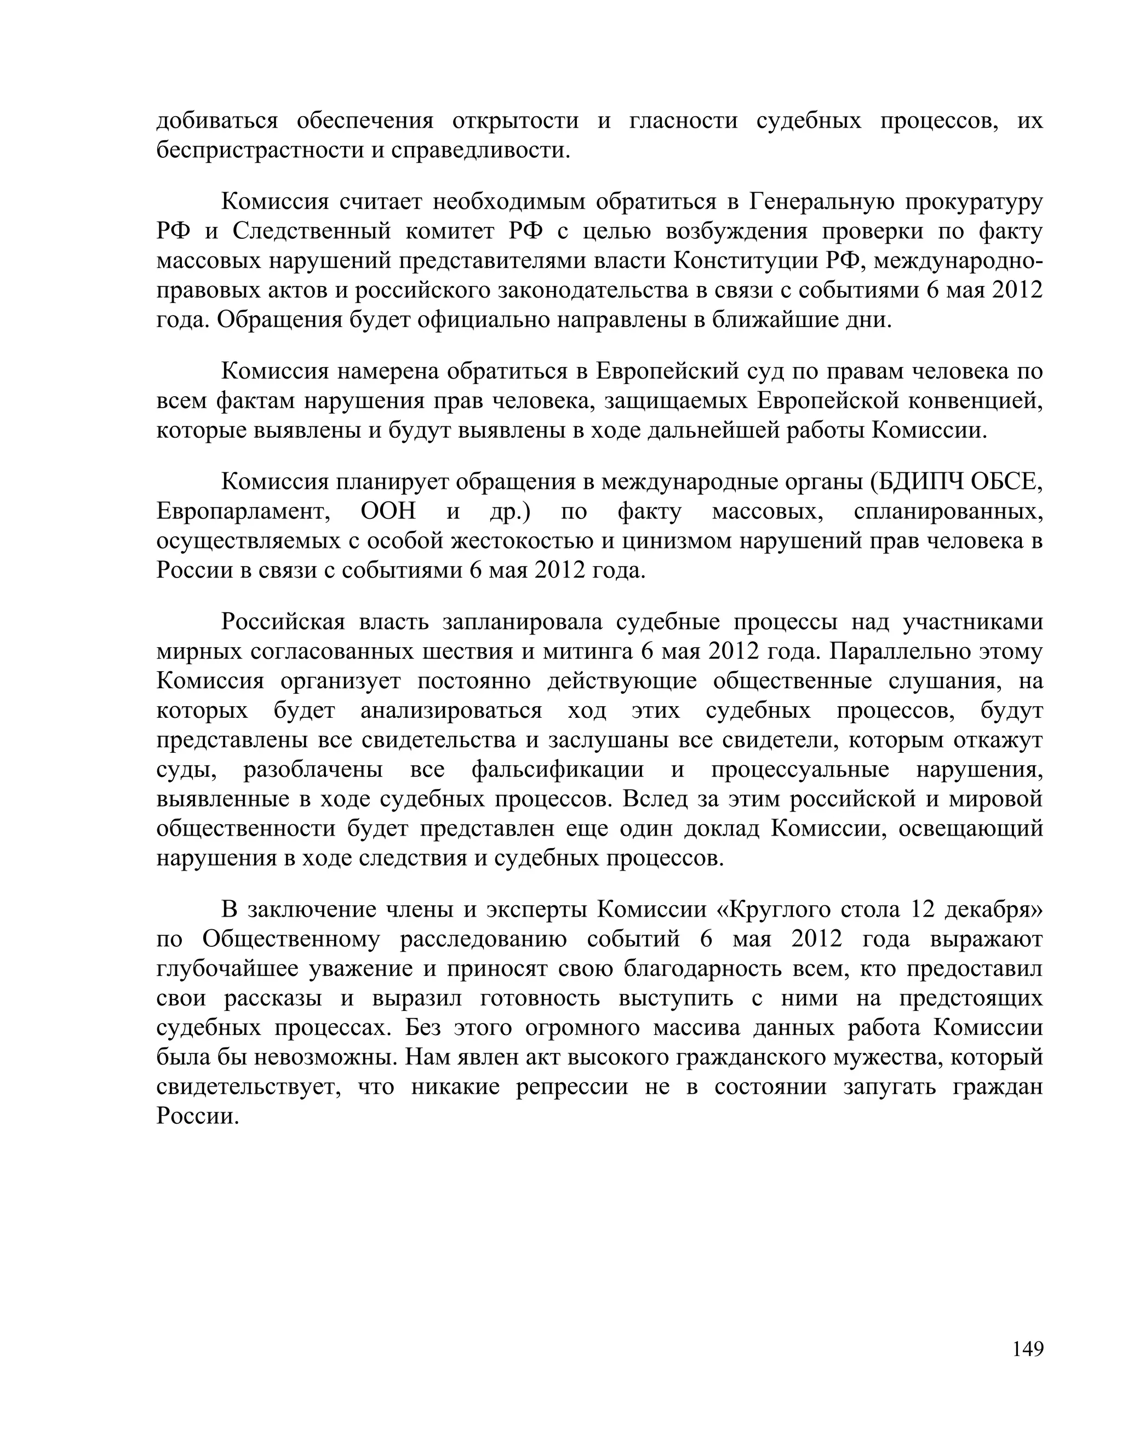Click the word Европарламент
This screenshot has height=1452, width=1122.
[x=244, y=512]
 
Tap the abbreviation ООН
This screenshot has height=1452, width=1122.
[x=389, y=512]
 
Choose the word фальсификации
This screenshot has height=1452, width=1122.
[x=558, y=770]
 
